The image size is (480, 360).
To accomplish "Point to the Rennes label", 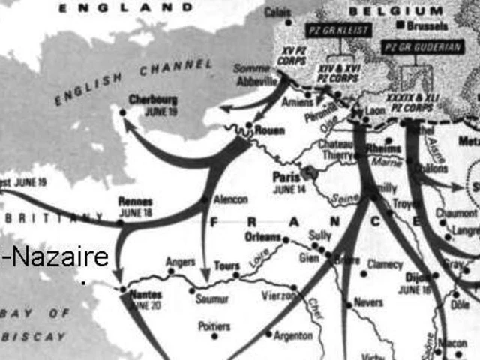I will pyautogui.click(x=135, y=202).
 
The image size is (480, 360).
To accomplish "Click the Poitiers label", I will pyautogui.click(x=214, y=325).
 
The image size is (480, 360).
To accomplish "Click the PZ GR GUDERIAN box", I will pyautogui.click(x=422, y=47).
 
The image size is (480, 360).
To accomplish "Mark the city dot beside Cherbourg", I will pyautogui.click(x=122, y=112).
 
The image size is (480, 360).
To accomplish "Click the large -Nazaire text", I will pyautogui.click(x=56, y=257).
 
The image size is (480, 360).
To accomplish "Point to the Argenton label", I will pyautogui.click(x=293, y=334).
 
